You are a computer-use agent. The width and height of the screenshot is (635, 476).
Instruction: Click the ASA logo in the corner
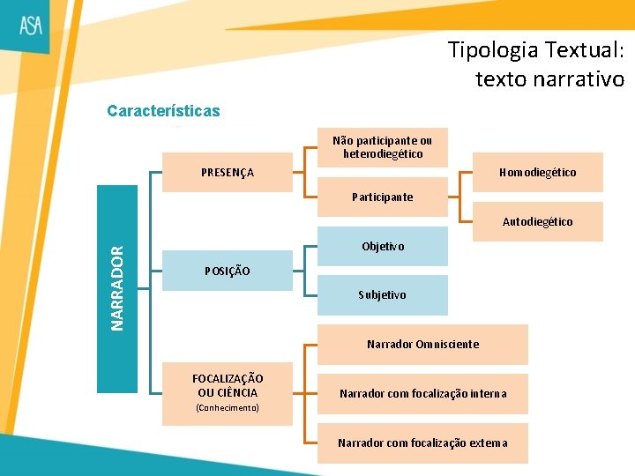tap(32, 25)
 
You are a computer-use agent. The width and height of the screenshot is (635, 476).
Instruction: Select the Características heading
tap(163, 111)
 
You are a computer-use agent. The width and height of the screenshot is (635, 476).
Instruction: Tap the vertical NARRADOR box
tap(117, 288)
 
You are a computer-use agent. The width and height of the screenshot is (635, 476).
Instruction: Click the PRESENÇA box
tap(228, 173)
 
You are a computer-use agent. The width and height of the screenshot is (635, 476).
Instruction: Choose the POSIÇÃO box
tap(228, 271)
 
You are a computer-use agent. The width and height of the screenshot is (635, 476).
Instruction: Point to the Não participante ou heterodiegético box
tap(382, 147)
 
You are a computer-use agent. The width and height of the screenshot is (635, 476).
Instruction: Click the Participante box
tap(382, 197)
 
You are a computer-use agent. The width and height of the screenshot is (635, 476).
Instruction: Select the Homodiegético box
tap(537, 173)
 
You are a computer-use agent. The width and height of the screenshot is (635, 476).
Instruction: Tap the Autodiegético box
tap(537, 222)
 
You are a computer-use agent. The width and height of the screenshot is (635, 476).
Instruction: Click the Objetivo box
tap(382, 247)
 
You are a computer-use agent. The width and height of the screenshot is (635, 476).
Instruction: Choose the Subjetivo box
tap(382, 295)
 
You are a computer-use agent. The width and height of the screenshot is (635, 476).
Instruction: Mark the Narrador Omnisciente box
tap(422, 344)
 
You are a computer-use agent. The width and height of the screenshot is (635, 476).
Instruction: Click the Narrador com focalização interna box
tap(422, 393)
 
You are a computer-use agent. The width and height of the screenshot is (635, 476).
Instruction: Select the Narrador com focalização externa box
tap(422, 443)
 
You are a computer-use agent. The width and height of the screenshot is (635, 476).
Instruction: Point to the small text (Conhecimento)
tap(228, 408)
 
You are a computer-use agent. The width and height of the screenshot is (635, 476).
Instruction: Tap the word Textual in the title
tap(582, 49)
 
